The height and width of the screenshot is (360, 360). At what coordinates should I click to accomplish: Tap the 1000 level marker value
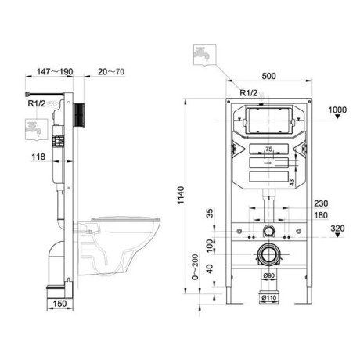[x=337, y=109]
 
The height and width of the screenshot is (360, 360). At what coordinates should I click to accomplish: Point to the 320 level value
[x=337, y=230]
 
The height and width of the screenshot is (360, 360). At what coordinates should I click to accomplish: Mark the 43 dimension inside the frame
[x=292, y=182]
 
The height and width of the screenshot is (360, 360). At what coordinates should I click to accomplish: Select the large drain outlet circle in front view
[x=269, y=255]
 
